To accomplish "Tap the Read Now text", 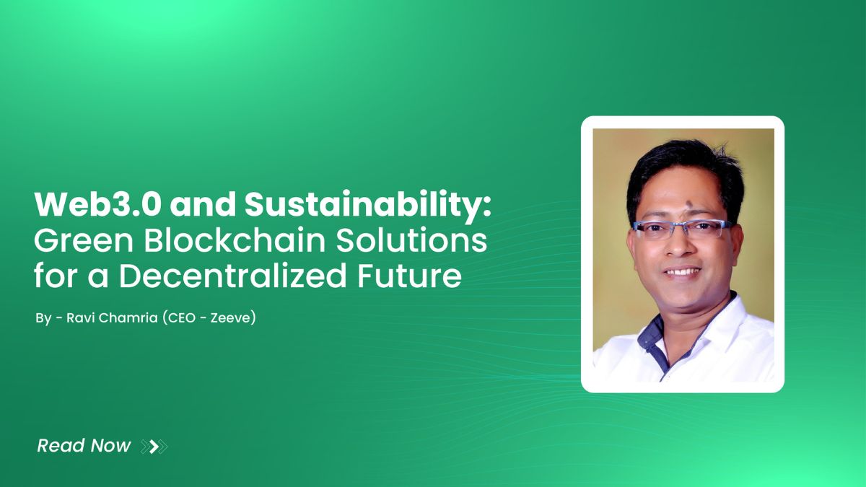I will coord(84,446).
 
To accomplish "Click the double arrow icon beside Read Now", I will coord(154,447).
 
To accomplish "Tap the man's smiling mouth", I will coord(682,272).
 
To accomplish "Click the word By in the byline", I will coord(43,317).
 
